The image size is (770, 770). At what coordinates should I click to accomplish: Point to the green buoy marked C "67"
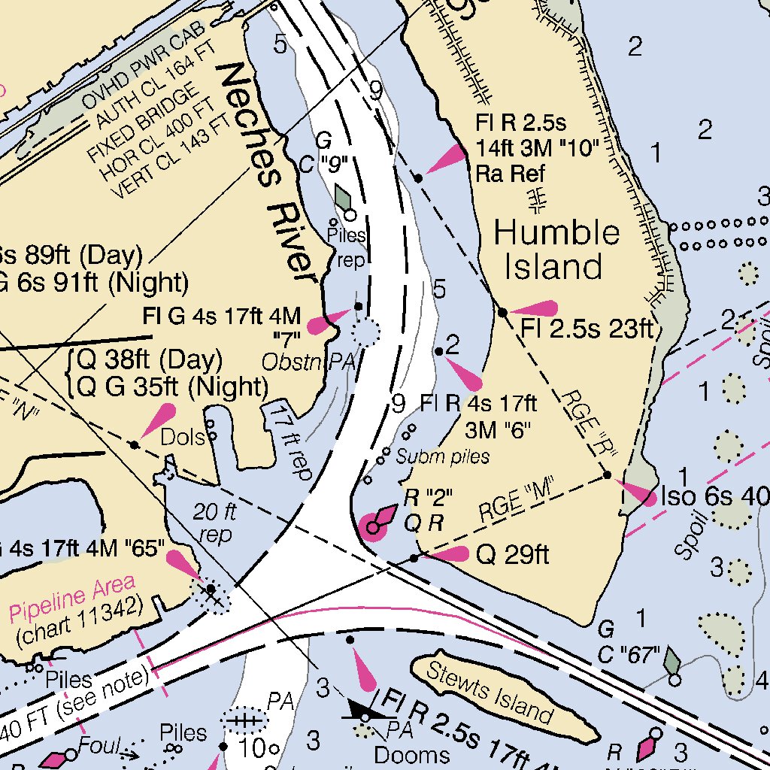pos(672,662)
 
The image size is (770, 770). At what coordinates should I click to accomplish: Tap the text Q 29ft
pos(513,555)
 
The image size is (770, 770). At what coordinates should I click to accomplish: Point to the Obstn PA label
pos(308,362)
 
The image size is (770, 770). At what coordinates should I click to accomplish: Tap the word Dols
pos(183,437)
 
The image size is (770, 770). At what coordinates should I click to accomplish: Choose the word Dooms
pos(412,754)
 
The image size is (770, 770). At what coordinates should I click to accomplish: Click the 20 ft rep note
pos(215,523)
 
